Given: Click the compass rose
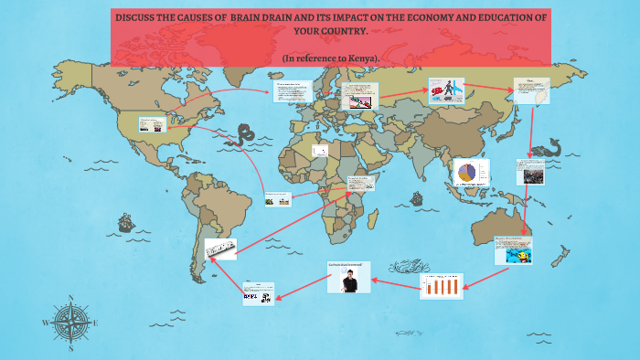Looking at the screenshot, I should point(70,323).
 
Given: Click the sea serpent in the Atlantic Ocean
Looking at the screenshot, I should point(244,134).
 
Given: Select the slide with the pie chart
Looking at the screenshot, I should point(471,172).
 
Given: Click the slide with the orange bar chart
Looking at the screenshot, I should point(442,286).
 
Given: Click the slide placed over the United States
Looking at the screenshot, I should point(152,126).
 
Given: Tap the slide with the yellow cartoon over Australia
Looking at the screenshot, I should point(513,250).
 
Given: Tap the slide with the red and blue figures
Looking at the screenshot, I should point(446,91).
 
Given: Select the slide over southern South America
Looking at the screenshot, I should point(221,248).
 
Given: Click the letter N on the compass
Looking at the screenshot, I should point(70,298).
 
